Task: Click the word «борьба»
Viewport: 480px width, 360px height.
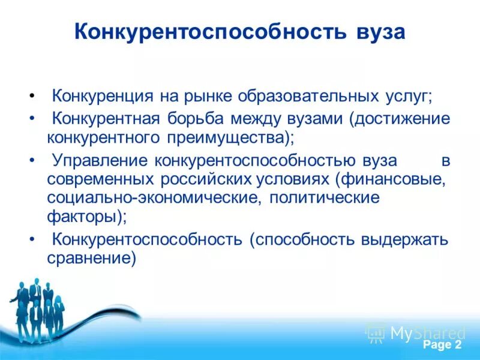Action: click(x=202, y=118)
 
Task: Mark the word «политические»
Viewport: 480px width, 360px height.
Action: click(x=325, y=199)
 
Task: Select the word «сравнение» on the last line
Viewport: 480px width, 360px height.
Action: click(x=89, y=259)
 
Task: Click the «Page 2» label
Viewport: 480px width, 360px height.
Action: click(x=442, y=345)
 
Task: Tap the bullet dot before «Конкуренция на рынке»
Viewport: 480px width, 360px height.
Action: click(x=31, y=97)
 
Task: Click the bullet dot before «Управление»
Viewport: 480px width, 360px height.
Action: click(x=31, y=161)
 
